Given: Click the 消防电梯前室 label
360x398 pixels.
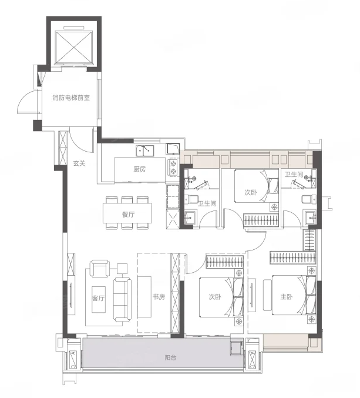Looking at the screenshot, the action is pyautogui.click(x=71, y=98).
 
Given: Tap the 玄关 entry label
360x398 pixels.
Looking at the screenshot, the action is pyautogui.click(x=79, y=163).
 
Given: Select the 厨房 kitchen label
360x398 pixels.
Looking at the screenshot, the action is pyautogui.click(x=140, y=169).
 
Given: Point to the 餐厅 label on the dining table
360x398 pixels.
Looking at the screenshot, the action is pyautogui.click(x=128, y=215).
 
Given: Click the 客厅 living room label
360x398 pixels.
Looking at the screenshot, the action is pyautogui.click(x=98, y=297).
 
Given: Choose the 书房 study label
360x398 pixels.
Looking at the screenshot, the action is pyautogui.click(x=159, y=296).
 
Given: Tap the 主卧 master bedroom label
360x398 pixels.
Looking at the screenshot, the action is pyautogui.click(x=287, y=296).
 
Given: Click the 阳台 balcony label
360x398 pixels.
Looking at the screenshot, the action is pyautogui.click(x=170, y=358).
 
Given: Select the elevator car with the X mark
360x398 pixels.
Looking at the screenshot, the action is pyautogui.click(x=73, y=47).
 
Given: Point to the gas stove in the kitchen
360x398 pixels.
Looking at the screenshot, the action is pyautogui.click(x=173, y=168).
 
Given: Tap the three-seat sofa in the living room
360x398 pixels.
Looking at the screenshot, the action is pyautogui.click(x=122, y=299).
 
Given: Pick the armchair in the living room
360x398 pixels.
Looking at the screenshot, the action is pyautogui.click(x=100, y=269).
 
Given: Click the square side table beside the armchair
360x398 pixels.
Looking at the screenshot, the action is pyautogui.click(x=122, y=269).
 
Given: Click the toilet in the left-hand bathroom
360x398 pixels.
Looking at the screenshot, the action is pyautogui.click(x=191, y=199).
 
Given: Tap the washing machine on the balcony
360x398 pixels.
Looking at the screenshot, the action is pyautogui.click(x=236, y=348).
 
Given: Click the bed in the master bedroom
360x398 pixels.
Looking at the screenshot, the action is pyautogui.click(x=290, y=295).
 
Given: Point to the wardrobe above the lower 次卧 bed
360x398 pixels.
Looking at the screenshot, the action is pyautogui.click(x=224, y=262).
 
